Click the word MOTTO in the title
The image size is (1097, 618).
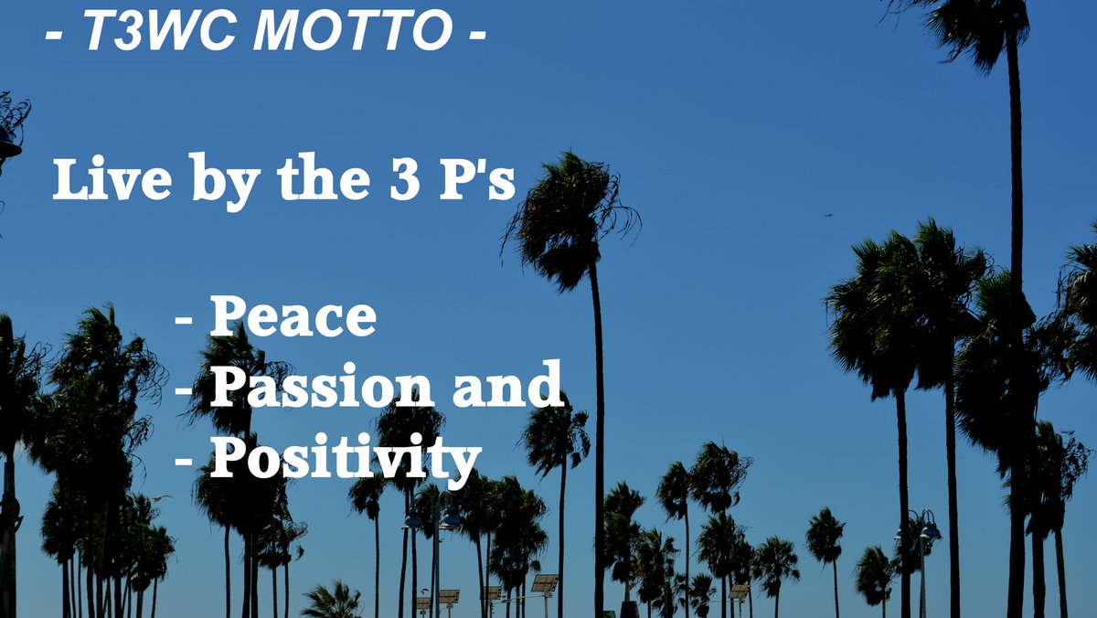tap(353, 30)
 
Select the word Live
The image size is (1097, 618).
tap(112, 178)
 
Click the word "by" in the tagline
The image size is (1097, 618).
tap(226, 182)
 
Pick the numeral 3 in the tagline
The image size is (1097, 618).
tap(405, 179)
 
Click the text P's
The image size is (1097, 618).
tap(477, 178)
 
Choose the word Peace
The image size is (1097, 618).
tap(293, 315)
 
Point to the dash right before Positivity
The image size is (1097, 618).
tap(184, 462)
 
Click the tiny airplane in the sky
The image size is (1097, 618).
tap(828, 215)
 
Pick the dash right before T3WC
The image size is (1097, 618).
tap(54, 36)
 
